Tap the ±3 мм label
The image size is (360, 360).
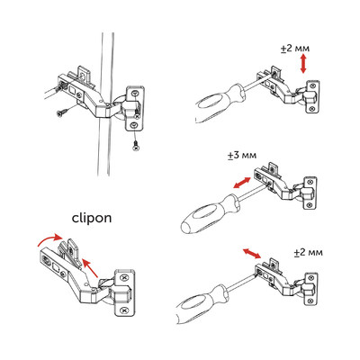click(x=242, y=156)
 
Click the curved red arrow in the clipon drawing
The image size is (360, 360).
click(x=42, y=239)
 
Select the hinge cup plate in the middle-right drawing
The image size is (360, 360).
click(x=310, y=197)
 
